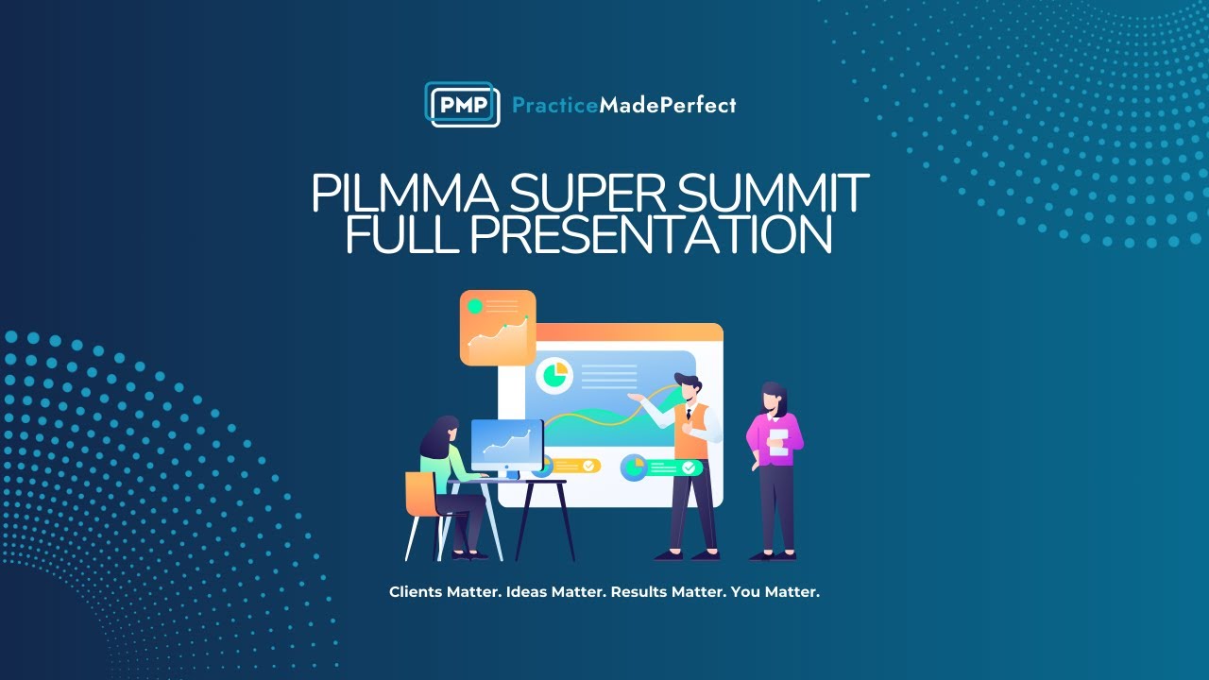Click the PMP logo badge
click(x=462, y=105)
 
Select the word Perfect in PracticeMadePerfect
click(x=701, y=106)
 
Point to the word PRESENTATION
click(x=651, y=235)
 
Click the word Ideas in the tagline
click(x=526, y=592)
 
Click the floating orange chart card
click(x=498, y=328)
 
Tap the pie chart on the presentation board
click(x=554, y=375)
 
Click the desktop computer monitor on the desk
click(x=507, y=445)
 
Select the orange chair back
click(x=418, y=494)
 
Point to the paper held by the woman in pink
click(x=778, y=442)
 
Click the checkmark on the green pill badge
click(x=689, y=467)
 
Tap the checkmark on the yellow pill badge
click(x=588, y=466)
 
